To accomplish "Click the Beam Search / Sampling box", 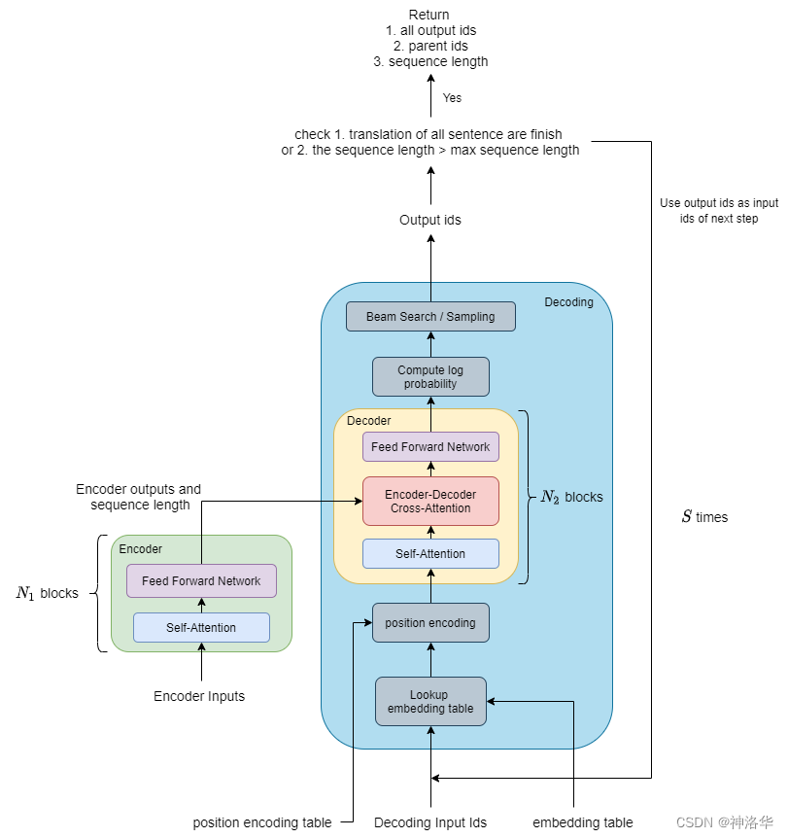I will (x=430, y=316).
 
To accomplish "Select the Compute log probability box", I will (x=430, y=376).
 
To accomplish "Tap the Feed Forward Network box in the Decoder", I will (x=430, y=447).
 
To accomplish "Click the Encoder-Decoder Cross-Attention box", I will (x=430, y=501).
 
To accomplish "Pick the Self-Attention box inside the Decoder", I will (x=430, y=553).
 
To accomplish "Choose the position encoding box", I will (x=430, y=622).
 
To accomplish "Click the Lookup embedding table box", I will (x=430, y=701).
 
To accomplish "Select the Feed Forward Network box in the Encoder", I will (x=201, y=580).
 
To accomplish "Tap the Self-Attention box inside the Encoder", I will (x=201, y=627).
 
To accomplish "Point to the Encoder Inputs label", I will (x=199, y=696).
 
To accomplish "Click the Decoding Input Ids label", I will (x=430, y=822).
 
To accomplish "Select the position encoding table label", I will (x=261, y=822).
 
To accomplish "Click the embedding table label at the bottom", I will (x=583, y=822).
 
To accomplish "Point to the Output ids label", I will (x=430, y=220).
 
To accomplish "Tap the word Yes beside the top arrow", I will (x=452, y=98).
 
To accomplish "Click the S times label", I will (x=703, y=517).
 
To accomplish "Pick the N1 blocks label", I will (x=47, y=593).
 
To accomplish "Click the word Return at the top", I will (x=430, y=15).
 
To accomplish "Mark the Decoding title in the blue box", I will (x=568, y=302).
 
